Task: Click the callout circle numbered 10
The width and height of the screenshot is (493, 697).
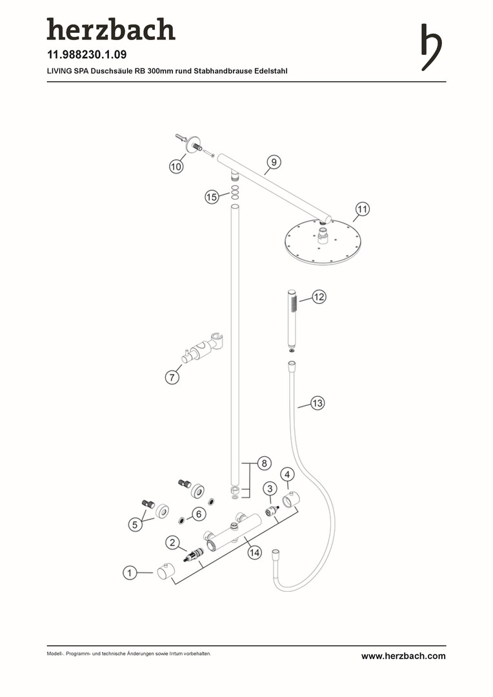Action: [x=176, y=167]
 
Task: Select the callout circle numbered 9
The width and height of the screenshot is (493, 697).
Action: [x=274, y=162]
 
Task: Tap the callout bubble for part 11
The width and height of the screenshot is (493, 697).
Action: [x=363, y=209]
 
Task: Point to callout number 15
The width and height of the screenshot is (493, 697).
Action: [x=212, y=197]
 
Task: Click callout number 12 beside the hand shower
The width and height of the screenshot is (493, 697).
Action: [x=319, y=296]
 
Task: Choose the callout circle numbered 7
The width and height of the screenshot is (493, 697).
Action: [x=172, y=378]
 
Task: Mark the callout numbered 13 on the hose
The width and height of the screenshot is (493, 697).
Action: [x=317, y=403]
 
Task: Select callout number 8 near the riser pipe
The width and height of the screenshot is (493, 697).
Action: [x=264, y=463]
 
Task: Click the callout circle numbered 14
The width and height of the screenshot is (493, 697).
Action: [x=254, y=552]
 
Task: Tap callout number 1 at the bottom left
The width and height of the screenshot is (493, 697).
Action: [x=130, y=572]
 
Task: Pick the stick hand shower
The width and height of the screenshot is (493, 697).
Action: [x=291, y=319]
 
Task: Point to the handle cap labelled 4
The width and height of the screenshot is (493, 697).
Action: [x=291, y=500]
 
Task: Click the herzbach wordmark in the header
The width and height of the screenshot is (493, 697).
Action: [x=111, y=29]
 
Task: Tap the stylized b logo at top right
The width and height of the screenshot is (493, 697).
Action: [x=431, y=47]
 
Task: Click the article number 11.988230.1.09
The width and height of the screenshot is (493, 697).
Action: [x=86, y=55]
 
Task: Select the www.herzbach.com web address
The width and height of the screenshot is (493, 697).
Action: [x=403, y=656]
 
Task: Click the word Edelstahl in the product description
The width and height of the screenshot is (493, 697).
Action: [x=271, y=71]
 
